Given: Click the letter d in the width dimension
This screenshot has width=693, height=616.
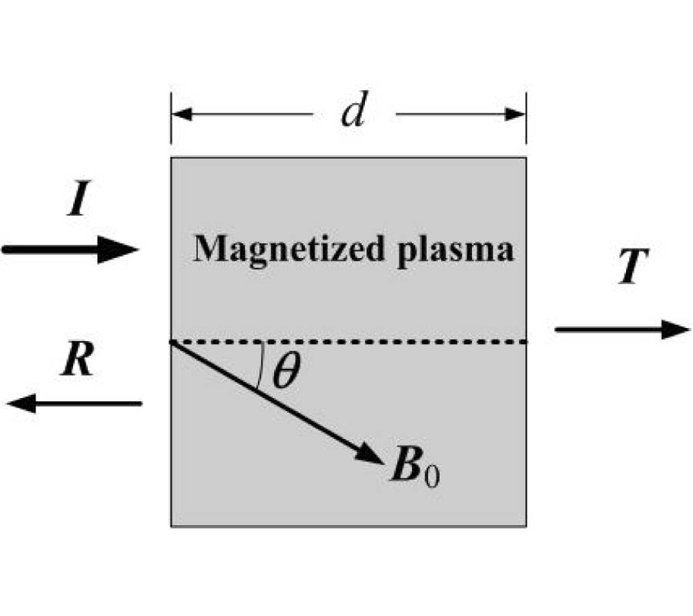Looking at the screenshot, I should [353, 113].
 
